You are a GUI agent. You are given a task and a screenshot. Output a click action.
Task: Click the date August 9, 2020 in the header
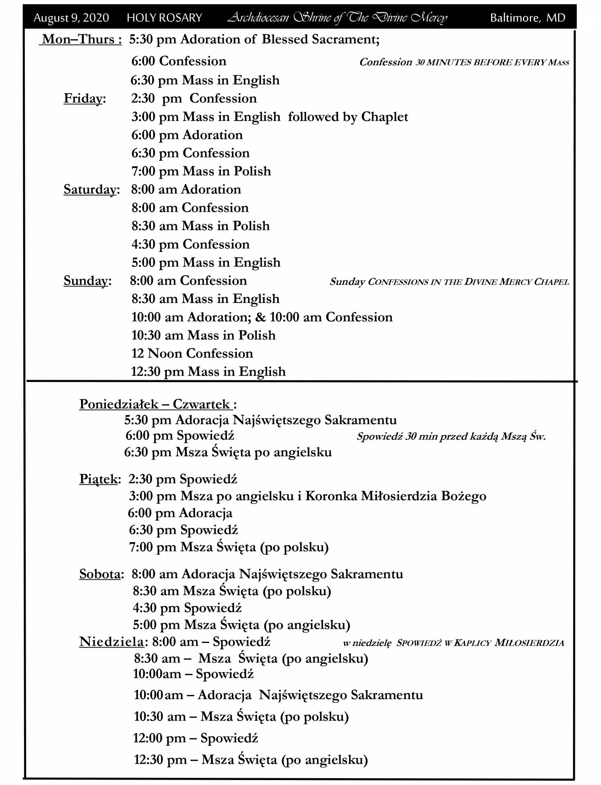point(71,18)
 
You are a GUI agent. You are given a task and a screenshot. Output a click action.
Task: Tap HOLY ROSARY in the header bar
point(164,18)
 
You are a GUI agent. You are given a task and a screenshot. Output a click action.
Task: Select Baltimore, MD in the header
point(527,18)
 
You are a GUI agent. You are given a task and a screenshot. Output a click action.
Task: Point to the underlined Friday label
point(83,99)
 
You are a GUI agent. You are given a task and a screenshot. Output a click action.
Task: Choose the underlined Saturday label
point(90,190)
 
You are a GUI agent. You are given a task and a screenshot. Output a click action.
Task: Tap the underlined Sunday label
point(86,281)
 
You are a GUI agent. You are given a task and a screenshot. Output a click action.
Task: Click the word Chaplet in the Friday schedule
point(384,117)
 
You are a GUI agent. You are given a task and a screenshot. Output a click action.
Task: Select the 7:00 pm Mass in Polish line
point(201,171)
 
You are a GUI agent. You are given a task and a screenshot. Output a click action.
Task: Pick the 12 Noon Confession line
point(192,354)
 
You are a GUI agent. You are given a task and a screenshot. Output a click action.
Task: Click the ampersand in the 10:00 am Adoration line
point(260,317)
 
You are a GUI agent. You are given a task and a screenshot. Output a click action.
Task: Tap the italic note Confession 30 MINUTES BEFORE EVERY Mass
point(464,62)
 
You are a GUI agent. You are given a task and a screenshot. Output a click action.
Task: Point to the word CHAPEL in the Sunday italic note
point(552,282)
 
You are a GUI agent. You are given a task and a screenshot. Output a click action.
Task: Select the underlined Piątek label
point(98,479)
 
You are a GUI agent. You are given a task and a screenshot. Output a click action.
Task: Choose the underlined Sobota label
point(100,574)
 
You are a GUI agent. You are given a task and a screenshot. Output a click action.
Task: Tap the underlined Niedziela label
point(111,642)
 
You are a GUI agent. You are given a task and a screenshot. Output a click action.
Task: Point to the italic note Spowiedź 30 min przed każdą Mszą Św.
point(451,437)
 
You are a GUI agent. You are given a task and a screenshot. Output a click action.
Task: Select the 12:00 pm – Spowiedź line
point(195,738)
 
